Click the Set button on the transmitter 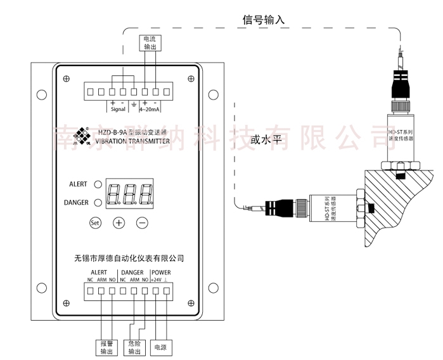(95, 222)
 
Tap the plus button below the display (119, 222)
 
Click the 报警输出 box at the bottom (105, 347)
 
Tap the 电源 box (161, 347)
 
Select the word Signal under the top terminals (118, 109)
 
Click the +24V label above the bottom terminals (155, 280)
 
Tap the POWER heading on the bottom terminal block (160, 272)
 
